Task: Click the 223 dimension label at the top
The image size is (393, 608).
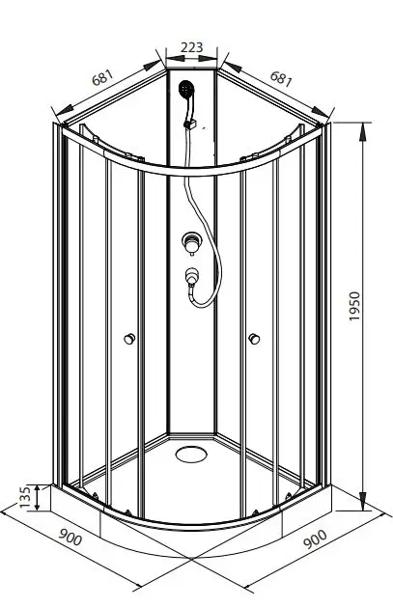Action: click(x=191, y=45)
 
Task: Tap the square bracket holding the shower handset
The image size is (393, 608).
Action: click(x=192, y=123)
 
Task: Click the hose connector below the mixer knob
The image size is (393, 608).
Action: click(x=193, y=276)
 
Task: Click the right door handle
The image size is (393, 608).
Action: click(x=254, y=338)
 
